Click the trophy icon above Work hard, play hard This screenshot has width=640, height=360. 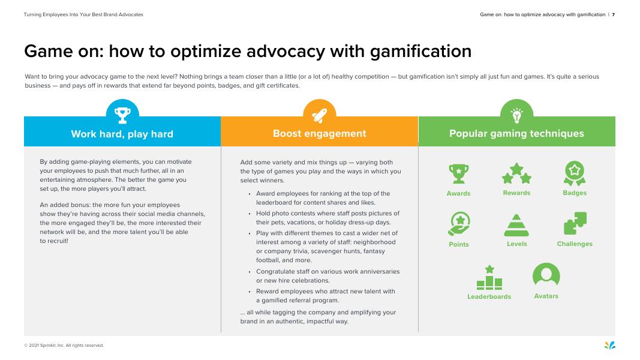[122, 115]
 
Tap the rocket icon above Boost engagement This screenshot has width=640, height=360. [319, 115]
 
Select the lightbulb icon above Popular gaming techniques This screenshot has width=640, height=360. [516, 115]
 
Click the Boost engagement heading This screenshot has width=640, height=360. [319, 133]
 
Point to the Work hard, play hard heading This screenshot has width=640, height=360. [122, 134]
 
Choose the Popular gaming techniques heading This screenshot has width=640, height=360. [516, 133]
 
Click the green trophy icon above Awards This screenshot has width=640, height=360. [459, 174]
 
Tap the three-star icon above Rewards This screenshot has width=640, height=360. [516, 173]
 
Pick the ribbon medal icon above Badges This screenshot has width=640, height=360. [575, 173]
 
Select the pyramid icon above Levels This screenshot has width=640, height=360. [516, 225]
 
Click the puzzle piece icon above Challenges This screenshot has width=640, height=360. [575, 224]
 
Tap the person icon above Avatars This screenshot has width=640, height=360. [546, 276]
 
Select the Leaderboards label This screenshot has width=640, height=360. [489, 296]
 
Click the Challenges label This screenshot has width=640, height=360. [575, 244]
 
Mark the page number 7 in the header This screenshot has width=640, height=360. [613, 14]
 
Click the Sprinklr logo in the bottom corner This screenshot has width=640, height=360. [610, 344]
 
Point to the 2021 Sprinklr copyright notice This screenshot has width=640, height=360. [64, 346]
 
